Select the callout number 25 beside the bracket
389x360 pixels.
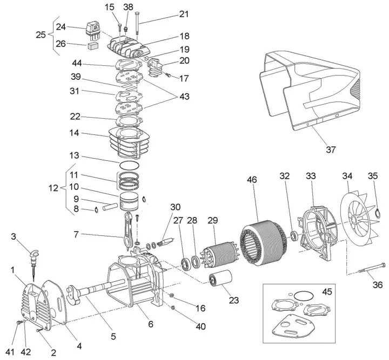(41, 35)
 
